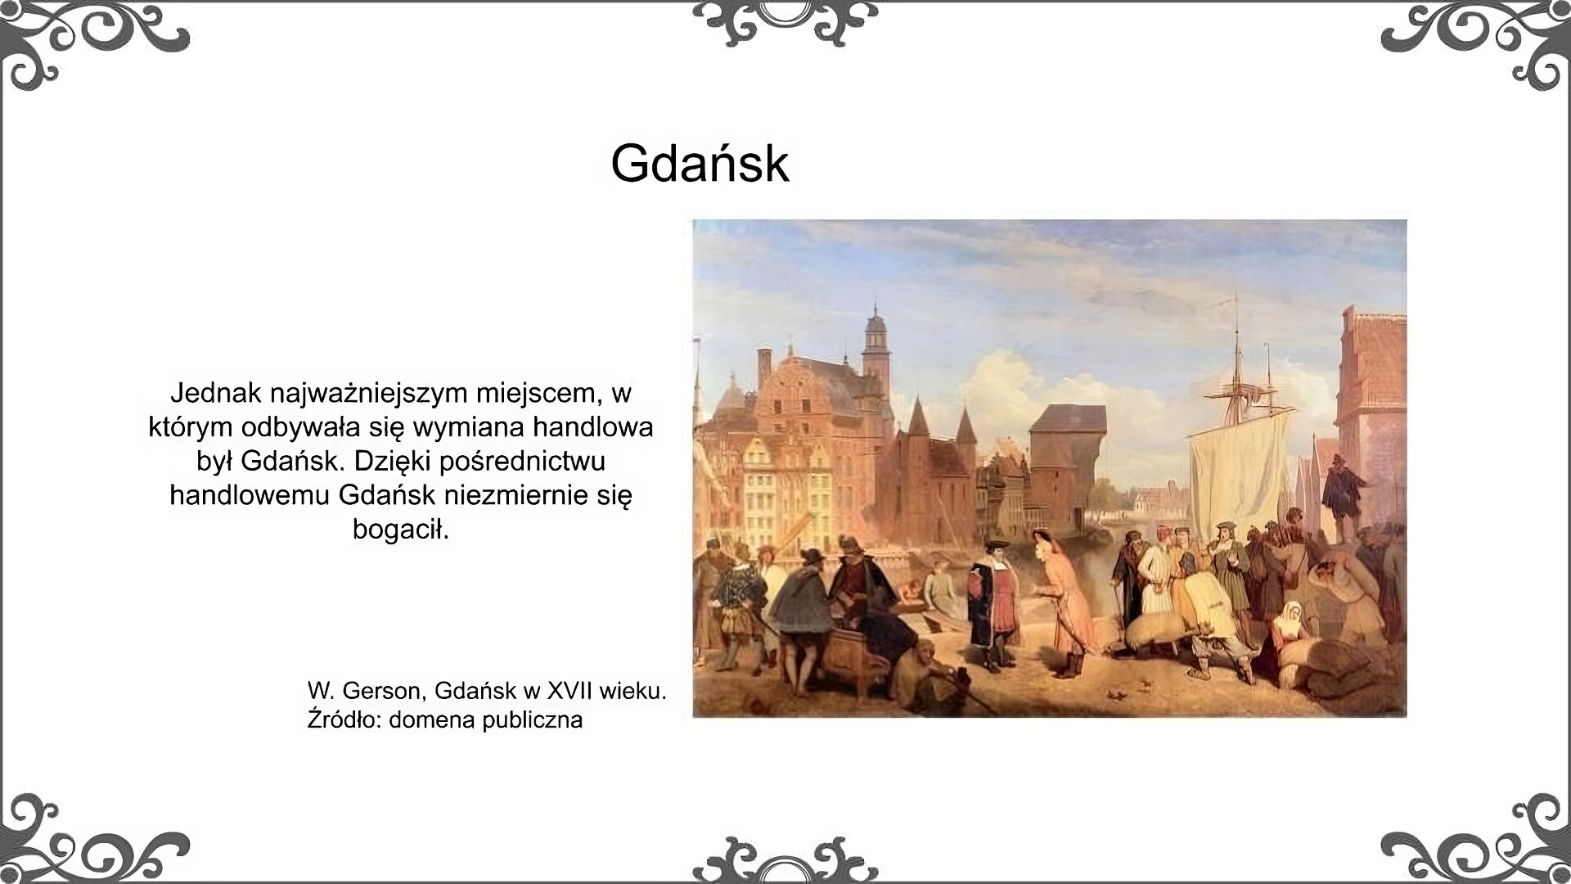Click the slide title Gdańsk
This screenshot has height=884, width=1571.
(x=700, y=164)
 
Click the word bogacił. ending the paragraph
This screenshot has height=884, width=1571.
(x=401, y=530)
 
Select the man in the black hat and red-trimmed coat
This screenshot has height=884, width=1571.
(x=993, y=598)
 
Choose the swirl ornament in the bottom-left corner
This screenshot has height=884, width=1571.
(x=90, y=839)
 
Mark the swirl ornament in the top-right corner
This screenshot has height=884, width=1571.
(x=1481, y=41)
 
